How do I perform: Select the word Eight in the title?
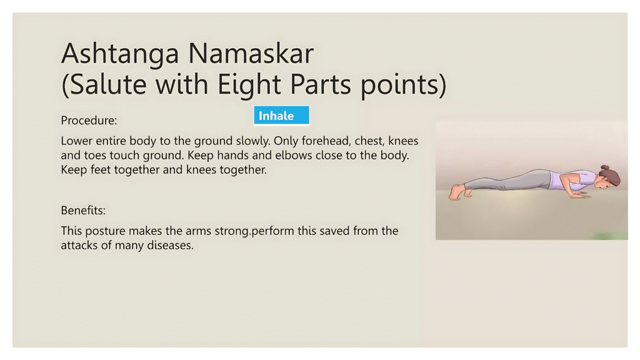tap(251, 85)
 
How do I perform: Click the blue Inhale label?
tap(281, 116)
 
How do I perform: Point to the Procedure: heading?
tap(89, 120)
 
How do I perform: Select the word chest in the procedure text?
tap(369, 141)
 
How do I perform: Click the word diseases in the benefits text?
tap(169, 245)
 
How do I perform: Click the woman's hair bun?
tap(605, 169)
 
